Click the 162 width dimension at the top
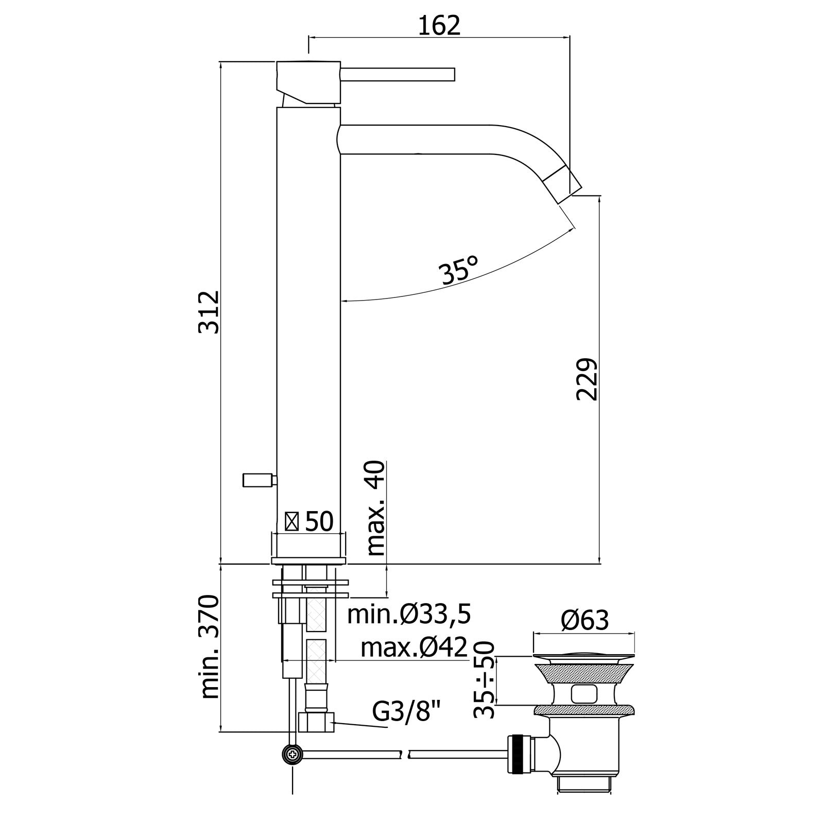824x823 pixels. [x=439, y=25]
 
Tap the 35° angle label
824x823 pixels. [x=459, y=271]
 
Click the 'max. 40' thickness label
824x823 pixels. [x=376, y=507]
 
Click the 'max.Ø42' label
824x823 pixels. [x=414, y=647]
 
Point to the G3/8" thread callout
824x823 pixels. [x=407, y=713]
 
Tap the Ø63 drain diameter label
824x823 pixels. [x=585, y=621]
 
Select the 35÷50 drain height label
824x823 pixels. [x=484, y=679]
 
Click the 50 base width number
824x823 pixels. [x=319, y=522]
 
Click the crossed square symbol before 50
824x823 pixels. [x=292, y=522]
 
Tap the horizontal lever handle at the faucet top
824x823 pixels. [x=397, y=75]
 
